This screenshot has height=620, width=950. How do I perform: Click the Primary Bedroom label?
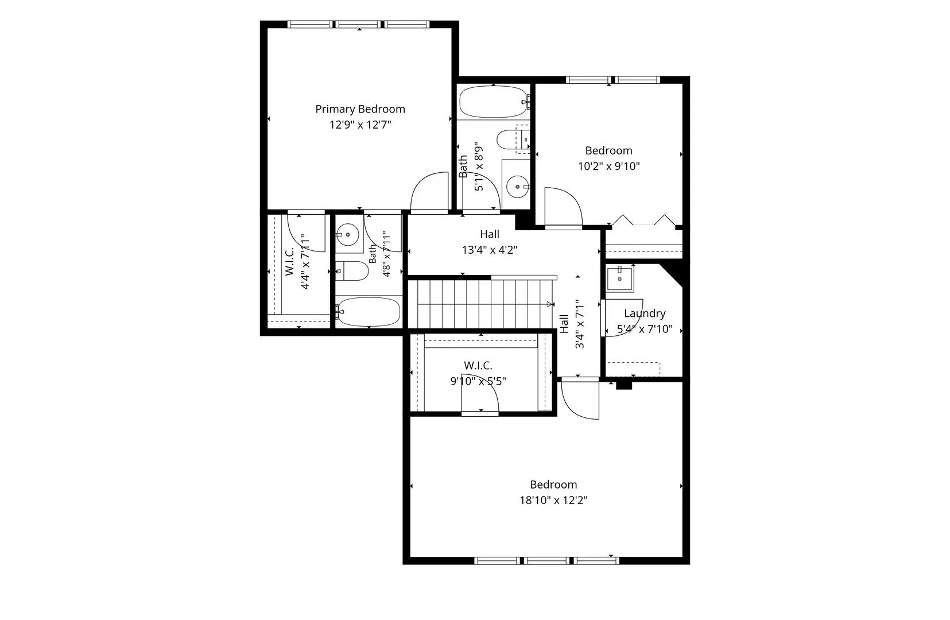(360, 110)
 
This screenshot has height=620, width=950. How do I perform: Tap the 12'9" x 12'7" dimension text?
(360, 125)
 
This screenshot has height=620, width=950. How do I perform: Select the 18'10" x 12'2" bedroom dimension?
(553, 501)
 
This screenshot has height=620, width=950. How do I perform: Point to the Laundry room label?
(645, 314)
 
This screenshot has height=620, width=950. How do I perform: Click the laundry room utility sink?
(619, 278)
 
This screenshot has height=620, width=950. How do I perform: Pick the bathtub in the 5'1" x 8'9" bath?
(494, 102)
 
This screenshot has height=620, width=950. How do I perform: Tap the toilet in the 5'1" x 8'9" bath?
(513, 139)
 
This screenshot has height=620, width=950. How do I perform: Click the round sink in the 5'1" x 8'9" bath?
(517, 187)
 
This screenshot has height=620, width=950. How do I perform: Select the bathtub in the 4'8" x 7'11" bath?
(368, 312)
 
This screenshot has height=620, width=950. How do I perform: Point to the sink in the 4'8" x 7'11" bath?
(348, 235)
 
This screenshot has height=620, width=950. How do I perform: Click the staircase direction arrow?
(550, 304)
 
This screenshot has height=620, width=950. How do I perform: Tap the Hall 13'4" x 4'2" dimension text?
(490, 250)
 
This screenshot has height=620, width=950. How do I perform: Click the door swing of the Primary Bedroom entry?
(429, 191)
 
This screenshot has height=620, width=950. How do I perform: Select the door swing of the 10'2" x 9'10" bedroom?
(564, 207)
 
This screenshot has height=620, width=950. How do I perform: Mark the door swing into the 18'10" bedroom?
(580, 401)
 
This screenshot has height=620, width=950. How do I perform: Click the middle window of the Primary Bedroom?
(359, 25)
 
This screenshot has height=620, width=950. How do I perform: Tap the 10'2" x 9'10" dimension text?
(609, 166)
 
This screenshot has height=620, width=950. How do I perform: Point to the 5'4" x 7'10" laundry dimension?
(645, 329)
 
